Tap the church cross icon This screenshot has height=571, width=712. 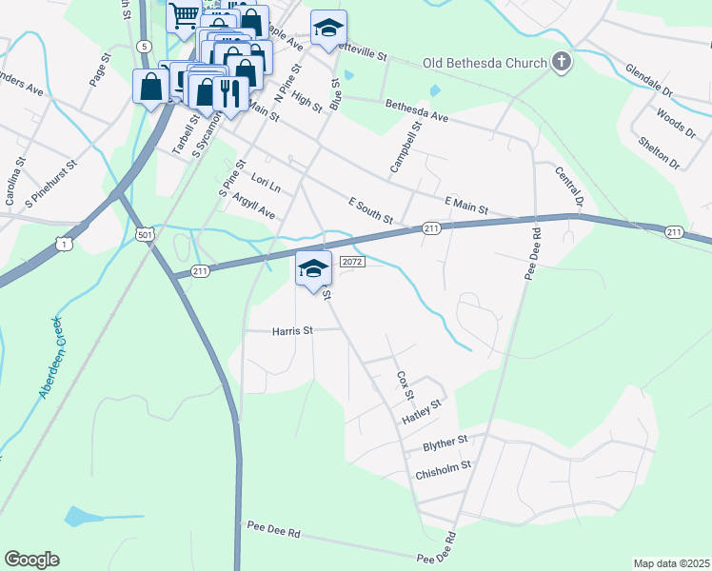tap(562, 64)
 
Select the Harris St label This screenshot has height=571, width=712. tap(292, 331)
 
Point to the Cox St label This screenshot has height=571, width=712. tap(405, 385)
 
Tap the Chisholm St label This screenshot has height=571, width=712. tap(444, 467)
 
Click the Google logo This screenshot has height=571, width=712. tap(31, 560)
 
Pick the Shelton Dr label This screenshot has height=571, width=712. tap(659, 150)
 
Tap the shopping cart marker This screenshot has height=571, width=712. tap(184, 14)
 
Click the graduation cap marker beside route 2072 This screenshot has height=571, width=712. tap(313, 267)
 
